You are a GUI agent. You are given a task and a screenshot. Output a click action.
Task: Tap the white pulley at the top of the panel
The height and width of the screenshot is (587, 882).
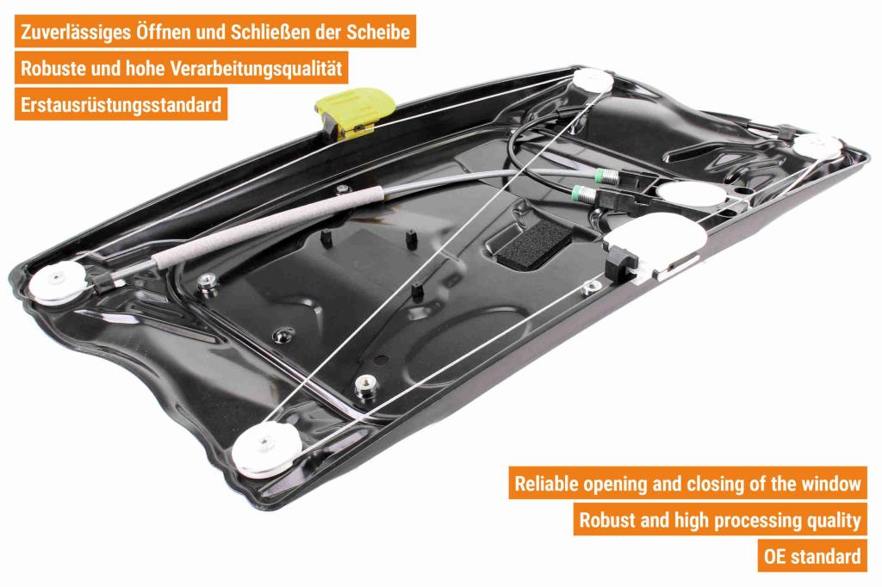(x=593, y=80)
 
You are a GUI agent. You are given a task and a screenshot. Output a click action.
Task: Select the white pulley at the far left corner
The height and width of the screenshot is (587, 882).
(x=59, y=281)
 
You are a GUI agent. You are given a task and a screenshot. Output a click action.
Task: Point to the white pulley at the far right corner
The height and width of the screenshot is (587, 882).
(x=818, y=145)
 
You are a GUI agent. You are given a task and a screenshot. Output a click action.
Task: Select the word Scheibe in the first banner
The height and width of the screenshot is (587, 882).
(x=377, y=32)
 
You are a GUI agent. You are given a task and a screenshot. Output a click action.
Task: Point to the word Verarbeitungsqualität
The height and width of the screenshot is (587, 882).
(x=256, y=69)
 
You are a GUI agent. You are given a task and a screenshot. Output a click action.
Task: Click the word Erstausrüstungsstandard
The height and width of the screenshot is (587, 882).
(x=121, y=105)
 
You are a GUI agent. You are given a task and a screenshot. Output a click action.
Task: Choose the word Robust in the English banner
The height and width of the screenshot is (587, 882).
(x=607, y=520)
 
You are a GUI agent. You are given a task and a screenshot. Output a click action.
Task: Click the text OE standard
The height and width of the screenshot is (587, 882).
(x=812, y=556)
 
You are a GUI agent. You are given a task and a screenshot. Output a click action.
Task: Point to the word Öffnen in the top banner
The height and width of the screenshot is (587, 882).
(x=163, y=32)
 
